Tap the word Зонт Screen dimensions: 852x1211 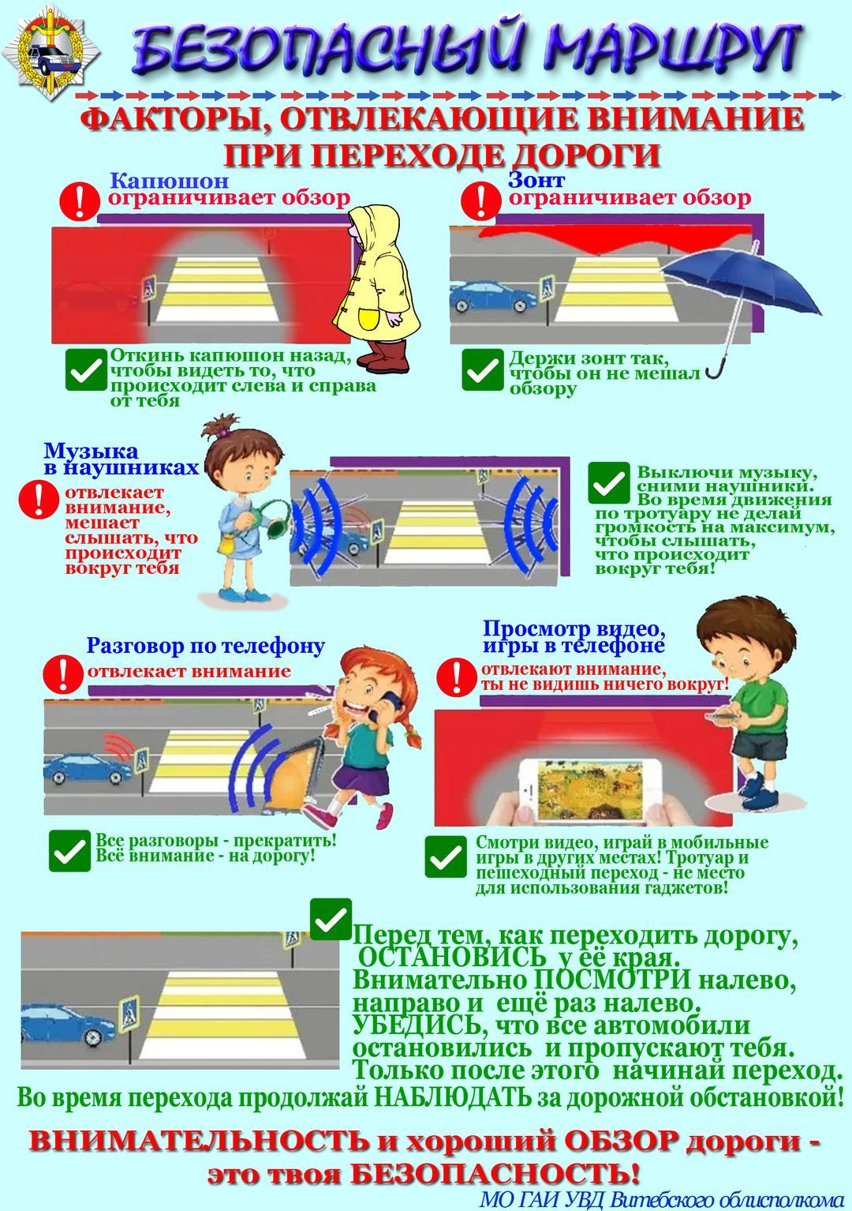[x=536, y=179]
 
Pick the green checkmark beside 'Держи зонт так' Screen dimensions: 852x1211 [x=483, y=369]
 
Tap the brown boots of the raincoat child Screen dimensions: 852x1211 [x=383, y=355]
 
